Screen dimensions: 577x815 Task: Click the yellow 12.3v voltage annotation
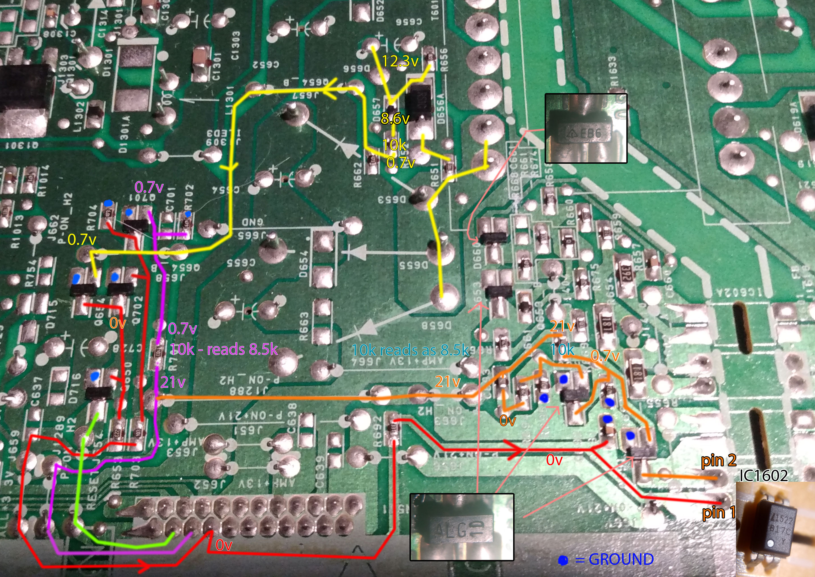[x=400, y=61]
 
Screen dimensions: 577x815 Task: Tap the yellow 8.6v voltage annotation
[x=395, y=118]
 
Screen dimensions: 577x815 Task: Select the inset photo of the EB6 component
[x=586, y=128]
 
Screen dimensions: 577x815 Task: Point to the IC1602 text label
[x=763, y=476]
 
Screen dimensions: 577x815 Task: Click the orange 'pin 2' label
[x=718, y=461]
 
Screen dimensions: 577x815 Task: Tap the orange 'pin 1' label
[x=718, y=513]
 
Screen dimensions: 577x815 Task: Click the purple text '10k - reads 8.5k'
[x=223, y=350]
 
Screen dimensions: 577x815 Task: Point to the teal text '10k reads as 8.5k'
[x=410, y=350]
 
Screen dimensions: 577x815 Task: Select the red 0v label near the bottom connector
[x=224, y=545]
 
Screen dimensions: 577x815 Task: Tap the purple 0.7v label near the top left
[x=149, y=187]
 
